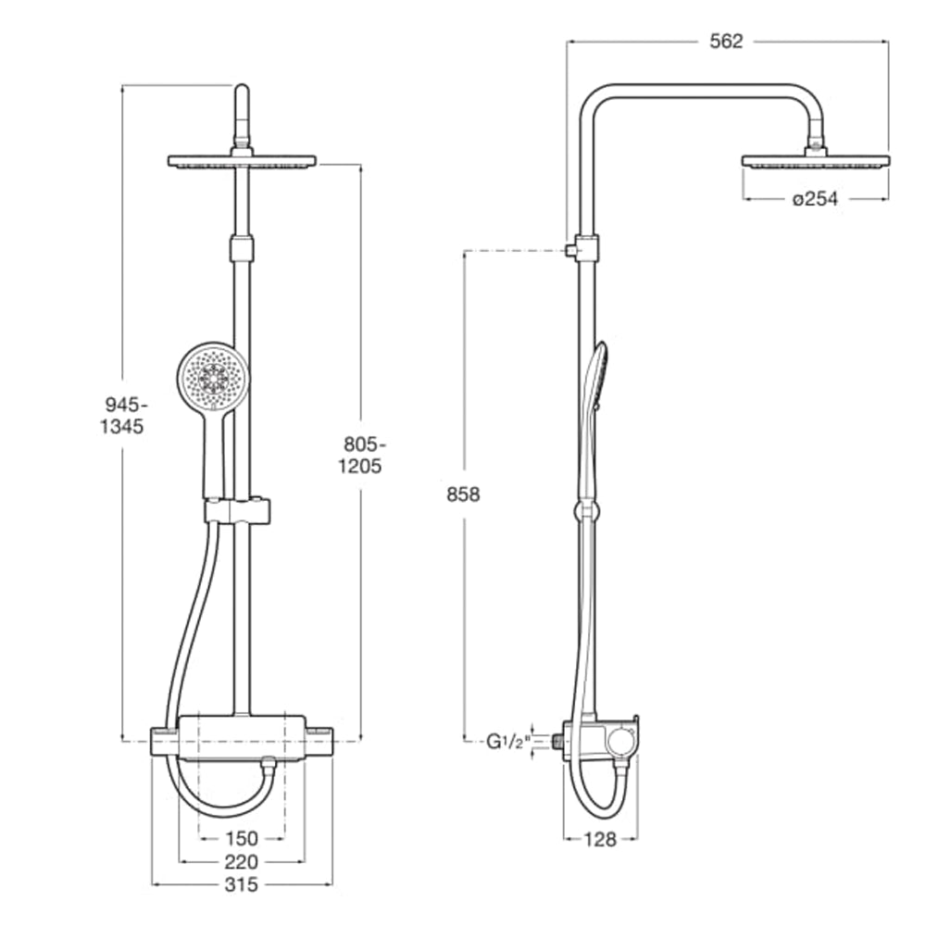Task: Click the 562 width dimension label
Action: pos(726,42)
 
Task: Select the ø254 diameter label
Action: pos(816,198)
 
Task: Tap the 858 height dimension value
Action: pos(463,494)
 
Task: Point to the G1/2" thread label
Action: pos(507,741)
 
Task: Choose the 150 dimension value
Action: pos(242,839)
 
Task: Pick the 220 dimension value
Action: pos(242,861)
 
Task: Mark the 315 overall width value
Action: pos(242,884)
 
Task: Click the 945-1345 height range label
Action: pos(122,416)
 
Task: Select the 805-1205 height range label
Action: pos(359,455)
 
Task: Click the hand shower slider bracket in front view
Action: pos(238,510)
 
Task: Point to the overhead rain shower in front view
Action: pos(242,161)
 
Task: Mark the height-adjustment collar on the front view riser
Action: pos(242,247)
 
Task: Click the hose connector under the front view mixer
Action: pos(268,766)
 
